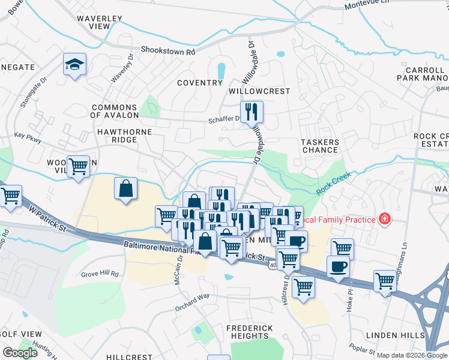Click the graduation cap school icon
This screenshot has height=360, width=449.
pos(75,64)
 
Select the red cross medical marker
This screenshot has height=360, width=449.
pos(384,220)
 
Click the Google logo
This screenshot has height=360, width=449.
pos(20,353)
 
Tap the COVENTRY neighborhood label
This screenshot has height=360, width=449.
pos(200,83)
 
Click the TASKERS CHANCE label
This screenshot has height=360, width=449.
pos(320,146)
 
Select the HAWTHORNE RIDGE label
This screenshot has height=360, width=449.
pos(122,136)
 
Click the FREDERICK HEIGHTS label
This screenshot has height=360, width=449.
pos(250,332)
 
